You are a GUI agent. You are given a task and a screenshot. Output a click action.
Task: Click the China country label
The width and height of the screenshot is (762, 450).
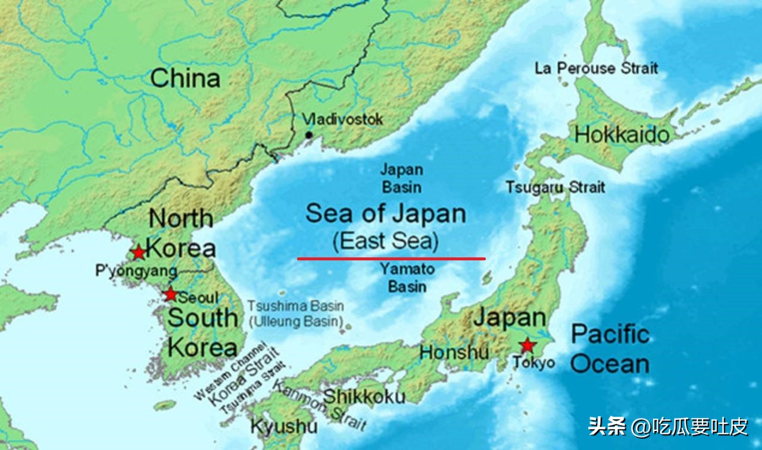[x=185, y=78]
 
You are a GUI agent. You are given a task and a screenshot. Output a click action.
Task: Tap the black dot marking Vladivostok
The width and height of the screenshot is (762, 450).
[x=308, y=135]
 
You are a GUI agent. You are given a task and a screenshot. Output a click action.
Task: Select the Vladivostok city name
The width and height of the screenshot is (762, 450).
[x=343, y=119]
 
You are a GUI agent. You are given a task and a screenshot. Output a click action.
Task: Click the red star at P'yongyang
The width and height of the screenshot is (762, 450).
[x=139, y=253]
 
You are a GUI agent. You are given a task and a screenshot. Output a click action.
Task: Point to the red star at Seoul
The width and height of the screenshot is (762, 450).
[x=171, y=294]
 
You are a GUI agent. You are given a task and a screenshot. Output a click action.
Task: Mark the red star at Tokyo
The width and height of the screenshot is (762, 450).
[x=526, y=345]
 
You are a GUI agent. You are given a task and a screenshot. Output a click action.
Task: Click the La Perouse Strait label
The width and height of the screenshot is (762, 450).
[x=596, y=68]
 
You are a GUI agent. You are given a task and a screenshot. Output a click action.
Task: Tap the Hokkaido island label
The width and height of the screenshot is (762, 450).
[x=622, y=135]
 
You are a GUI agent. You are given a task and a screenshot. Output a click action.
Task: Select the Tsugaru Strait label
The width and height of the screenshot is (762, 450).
[x=555, y=187]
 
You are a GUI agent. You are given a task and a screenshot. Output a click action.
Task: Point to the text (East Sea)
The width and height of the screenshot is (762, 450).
[x=386, y=242]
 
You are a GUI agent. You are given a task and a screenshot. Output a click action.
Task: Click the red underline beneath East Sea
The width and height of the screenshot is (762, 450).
[x=391, y=259]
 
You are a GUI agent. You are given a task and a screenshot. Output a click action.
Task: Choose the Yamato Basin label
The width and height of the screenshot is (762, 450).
[x=407, y=278]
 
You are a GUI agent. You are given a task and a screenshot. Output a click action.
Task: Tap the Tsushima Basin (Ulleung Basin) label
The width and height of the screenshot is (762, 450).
[x=296, y=314]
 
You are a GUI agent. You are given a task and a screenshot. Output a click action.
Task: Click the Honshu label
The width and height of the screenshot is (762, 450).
[x=454, y=352]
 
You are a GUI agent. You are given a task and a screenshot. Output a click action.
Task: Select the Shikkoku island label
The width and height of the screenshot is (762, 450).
[x=364, y=396]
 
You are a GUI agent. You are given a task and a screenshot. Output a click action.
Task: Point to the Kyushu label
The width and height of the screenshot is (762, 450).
[x=283, y=426]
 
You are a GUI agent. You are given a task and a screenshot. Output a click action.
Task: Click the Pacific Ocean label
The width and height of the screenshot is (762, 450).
[x=610, y=349]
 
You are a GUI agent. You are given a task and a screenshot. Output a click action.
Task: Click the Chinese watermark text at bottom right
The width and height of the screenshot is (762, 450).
[x=667, y=426]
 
